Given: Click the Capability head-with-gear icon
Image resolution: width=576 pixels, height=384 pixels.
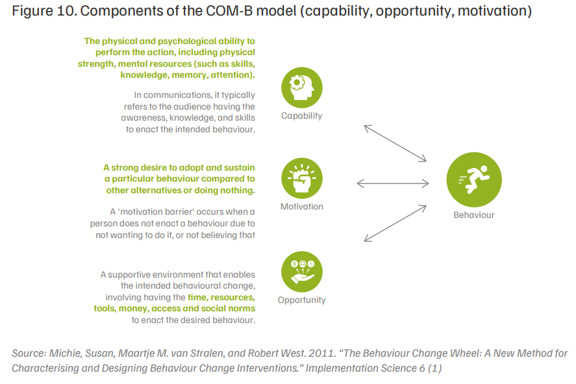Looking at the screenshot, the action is pos(301,88).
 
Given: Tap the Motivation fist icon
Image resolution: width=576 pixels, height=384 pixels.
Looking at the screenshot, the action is pos(301,178).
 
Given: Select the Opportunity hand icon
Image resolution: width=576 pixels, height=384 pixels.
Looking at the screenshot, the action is pos(301,272).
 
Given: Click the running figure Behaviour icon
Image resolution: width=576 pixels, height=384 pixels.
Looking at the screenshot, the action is pos(474,180).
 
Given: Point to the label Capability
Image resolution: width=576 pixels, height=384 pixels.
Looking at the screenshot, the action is pos(301,116).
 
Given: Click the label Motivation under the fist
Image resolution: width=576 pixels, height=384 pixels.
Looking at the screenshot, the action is pos(301,206).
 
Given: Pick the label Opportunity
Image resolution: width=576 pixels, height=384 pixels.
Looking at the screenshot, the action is pos(301,300).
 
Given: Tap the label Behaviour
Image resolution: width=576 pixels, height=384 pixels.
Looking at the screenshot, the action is pos(474,215).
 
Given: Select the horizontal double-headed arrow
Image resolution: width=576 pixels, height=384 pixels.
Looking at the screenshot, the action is pos(393,183).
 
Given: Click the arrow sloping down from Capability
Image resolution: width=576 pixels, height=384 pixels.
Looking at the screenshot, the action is pos(395,143).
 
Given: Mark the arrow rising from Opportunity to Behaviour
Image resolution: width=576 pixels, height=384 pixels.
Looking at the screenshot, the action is pos(395,223).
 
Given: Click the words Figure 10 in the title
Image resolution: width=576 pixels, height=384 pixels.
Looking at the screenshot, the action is pos(44,11).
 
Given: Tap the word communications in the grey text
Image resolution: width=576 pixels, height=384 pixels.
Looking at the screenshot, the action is pos(178,95).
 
